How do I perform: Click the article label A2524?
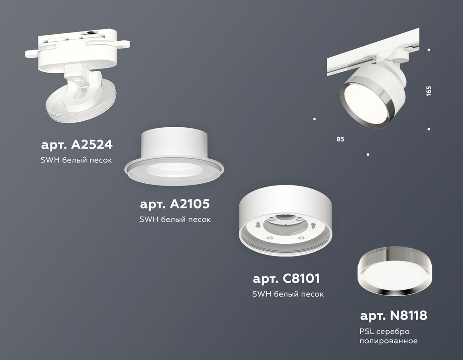point(76,145)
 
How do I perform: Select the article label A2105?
point(175,204)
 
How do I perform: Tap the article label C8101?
point(287,279)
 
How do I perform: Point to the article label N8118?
point(394,316)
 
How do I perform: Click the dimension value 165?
point(429,91)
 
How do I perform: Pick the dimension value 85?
point(341,138)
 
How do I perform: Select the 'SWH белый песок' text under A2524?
point(77,160)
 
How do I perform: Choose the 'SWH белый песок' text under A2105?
point(175,219)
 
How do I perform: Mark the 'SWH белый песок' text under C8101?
point(287,294)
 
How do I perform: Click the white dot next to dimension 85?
point(314,119)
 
